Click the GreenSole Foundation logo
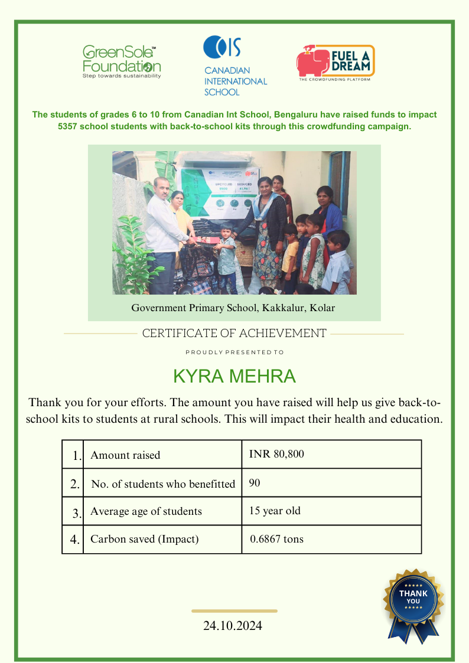pyautogui.click(x=122, y=61)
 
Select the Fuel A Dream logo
pyautogui.click(x=335, y=63)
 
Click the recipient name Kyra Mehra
pyautogui.click(x=234, y=376)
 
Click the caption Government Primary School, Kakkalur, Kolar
pyautogui.click(x=233, y=308)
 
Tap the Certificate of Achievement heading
pyautogui.click(x=234, y=333)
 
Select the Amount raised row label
pyautogui.click(x=125, y=455)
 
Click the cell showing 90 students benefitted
pyautogui.click(x=255, y=483)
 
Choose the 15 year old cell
pyautogui.click(x=275, y=511)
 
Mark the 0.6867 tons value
pyautogui.click(x=277, y=539)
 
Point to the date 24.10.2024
pyautogui.click(x=233, y=626)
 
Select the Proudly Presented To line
pyautogui.click(x=234, y=352)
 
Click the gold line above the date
pyautogui.click(x=234, y=610)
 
